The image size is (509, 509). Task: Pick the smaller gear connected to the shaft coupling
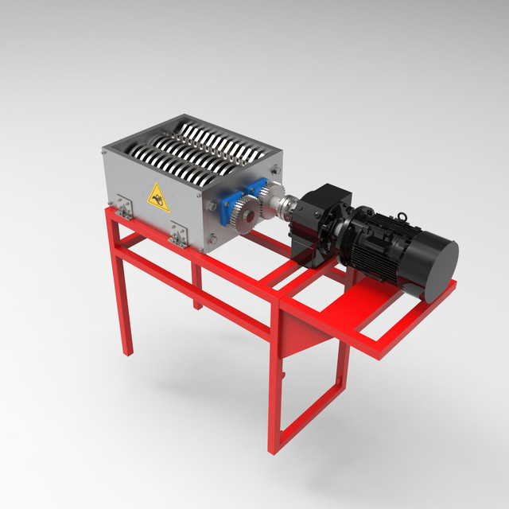coord(270,194)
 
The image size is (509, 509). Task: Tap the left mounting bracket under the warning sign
coord(123,206)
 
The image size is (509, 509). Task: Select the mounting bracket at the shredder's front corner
coord(179,234)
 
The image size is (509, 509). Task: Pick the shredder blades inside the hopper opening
coord(199,143)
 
